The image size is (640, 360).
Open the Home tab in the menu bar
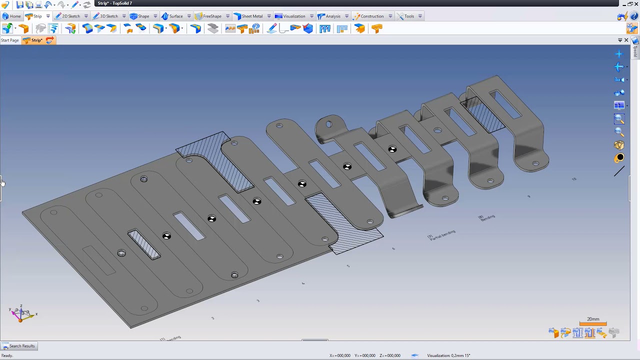pyautogui.click(x=12, y=16)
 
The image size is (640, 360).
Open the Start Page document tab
pyautogui.click(x=10, y=40)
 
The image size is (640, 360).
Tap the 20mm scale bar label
pyautogui.click(x=593, y=319)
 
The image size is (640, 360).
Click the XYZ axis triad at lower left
pyautogui.click(x=21, y=314)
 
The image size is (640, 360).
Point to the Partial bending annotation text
pyautogui.click(x=442, y=234)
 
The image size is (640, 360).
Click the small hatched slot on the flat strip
pyautogui.click(x=144, y=244)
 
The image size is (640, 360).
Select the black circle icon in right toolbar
pyautogui.click(x=619, y=158)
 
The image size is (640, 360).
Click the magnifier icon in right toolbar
pyautogui.click(x=619, y=119)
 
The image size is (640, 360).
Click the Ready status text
pyautogui.click(x=7, y=355)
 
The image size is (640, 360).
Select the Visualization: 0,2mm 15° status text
pyautogui.click(x=448, y=355)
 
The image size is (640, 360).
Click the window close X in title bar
pyautogui.click(x=636, y=3)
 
